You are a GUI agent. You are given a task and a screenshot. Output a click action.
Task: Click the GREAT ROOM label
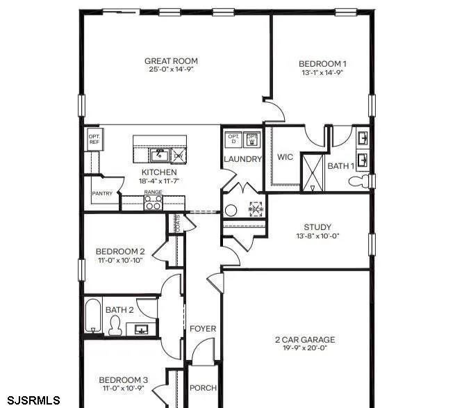click(172, 60)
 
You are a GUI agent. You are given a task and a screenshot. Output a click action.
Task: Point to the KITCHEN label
click(159, 172)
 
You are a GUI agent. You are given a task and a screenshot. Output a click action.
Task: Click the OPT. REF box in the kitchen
click(94, 138)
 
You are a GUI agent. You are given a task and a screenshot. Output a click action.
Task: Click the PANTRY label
click(102, 194)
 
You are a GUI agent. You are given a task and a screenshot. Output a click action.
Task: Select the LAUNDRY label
click(242, 159)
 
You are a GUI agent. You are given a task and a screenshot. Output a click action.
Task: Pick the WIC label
click(285, 157)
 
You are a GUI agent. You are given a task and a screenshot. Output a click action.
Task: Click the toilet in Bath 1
click(357, 182)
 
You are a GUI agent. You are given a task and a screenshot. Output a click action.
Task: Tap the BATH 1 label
click(340, 166)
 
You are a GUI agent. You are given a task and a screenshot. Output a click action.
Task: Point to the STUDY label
click(317, 227)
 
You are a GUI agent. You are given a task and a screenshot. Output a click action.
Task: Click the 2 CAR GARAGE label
click(305, 340)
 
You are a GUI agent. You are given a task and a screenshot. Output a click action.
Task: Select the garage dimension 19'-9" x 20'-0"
click(305, 349)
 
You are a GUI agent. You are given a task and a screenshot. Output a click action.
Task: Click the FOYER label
click(203, 329)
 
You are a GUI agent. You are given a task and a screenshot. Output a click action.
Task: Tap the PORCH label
click(204, 388)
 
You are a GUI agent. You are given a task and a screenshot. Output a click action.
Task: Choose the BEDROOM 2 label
click(120, 251)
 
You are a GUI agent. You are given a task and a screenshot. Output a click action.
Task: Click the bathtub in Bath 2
click(93, 316)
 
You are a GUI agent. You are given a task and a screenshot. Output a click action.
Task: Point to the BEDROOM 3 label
click(123, 380)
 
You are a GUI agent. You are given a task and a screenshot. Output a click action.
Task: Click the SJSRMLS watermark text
click(31, 400)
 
